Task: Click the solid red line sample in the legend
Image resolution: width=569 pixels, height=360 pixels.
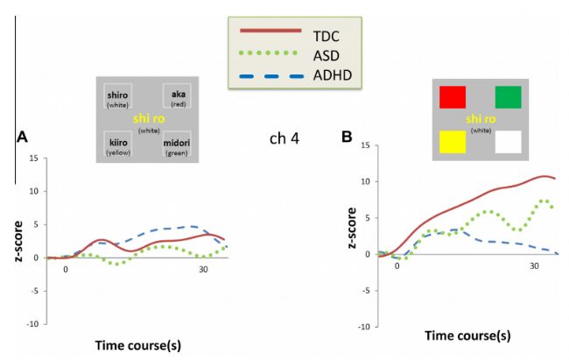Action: pyautogui.click(x=271, y=35)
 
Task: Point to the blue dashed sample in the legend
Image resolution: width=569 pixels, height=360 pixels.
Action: pyautogui.click(x=271, y=74)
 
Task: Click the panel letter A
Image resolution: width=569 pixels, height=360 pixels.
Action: pyautogui.click(x=22, y=138)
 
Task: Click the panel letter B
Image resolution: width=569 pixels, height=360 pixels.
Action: pyautogui.click(x=347, y=138)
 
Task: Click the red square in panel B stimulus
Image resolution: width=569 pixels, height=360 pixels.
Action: pyautogui.click(x=453, y=97)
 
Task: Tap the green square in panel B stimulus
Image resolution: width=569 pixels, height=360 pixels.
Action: pyautogui.click(x=508, y=97)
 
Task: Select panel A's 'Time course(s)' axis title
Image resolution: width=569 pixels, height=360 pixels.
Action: pyautogui.click(x=137, y=345)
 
